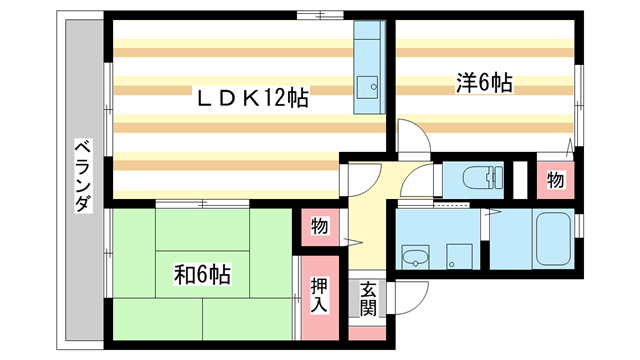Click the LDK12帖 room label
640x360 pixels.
tap(250, 97)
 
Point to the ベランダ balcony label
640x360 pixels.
tap(83, 177)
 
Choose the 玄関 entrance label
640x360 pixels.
tap(368, 298)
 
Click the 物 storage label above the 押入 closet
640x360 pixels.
tap(318, 227)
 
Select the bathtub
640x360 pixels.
tap(551, 240)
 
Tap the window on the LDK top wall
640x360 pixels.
tap(318, 16)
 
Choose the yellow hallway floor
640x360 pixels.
tap(367, 230)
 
